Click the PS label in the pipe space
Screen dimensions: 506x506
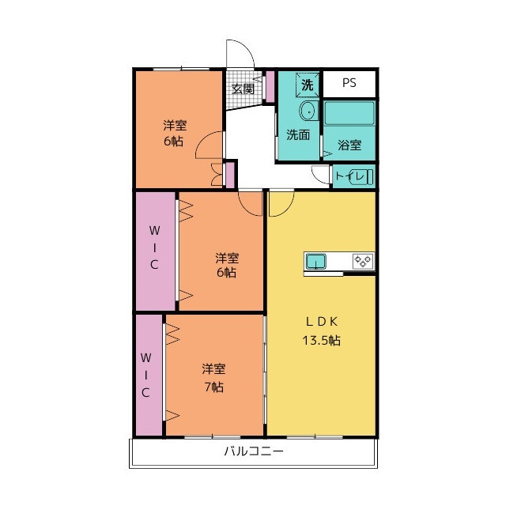349,83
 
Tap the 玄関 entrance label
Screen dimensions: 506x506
243,89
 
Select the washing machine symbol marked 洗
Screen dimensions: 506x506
308,85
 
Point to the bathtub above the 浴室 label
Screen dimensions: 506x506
349,113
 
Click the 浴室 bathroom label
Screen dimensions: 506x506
349,145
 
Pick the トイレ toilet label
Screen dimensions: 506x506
349,176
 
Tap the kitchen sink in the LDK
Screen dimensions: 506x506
315,262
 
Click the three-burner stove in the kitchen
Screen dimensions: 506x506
363,261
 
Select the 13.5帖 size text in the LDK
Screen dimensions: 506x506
322,340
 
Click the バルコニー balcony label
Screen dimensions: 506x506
254,451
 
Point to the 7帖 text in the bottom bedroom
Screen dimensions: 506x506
214,387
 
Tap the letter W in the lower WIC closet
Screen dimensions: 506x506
145,357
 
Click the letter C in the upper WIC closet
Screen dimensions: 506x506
154,265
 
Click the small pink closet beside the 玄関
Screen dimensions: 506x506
270,86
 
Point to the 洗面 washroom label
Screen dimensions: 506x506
298,134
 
